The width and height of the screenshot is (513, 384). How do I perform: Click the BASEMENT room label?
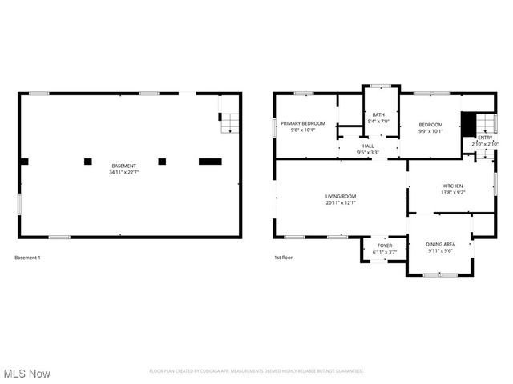[x=123, y=166]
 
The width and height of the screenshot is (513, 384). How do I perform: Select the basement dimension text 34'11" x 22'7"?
[x=123, y=172]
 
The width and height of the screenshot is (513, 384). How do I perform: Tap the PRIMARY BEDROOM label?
[x=301, y=123]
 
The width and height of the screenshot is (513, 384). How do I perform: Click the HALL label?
[x=368, y=146]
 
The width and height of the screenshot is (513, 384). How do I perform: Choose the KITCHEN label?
[x=453, y=186]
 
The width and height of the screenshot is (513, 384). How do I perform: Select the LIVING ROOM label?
[x=341, y=196]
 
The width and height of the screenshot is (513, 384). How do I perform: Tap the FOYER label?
[x=385, y=246]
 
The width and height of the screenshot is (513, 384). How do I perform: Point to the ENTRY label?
[x=485, y=138]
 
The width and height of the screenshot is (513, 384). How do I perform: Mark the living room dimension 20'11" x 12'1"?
[x=341, y=202]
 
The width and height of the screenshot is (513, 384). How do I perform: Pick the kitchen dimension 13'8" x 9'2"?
[x=453, y=192]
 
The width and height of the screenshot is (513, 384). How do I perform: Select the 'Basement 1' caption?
[x=27, y=258]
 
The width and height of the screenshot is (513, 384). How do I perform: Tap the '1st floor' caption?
[x=285, y=258]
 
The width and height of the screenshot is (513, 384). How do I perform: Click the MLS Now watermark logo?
[x=27, y=374]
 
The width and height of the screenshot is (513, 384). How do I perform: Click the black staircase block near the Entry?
[x=468, y=125]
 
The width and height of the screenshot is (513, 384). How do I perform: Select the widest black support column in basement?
[x=210, y=162]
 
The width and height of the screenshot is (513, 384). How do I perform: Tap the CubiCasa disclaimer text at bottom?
[x=256, y=371]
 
